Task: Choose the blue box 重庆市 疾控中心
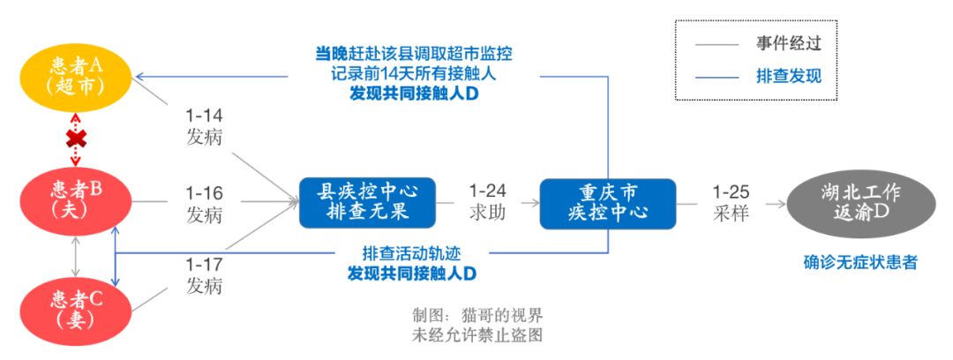click(x=607, y=202)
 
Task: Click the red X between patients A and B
click(x=78, y=138)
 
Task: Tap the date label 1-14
click(x=204, y=116)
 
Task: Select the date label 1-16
click(x=204, y=192)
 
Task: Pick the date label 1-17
click(x=204, y=264)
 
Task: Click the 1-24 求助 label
click(x=486, y=202)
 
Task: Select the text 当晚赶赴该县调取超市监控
click(x=414, y=53)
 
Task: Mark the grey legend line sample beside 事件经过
click(x=717, y=42)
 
